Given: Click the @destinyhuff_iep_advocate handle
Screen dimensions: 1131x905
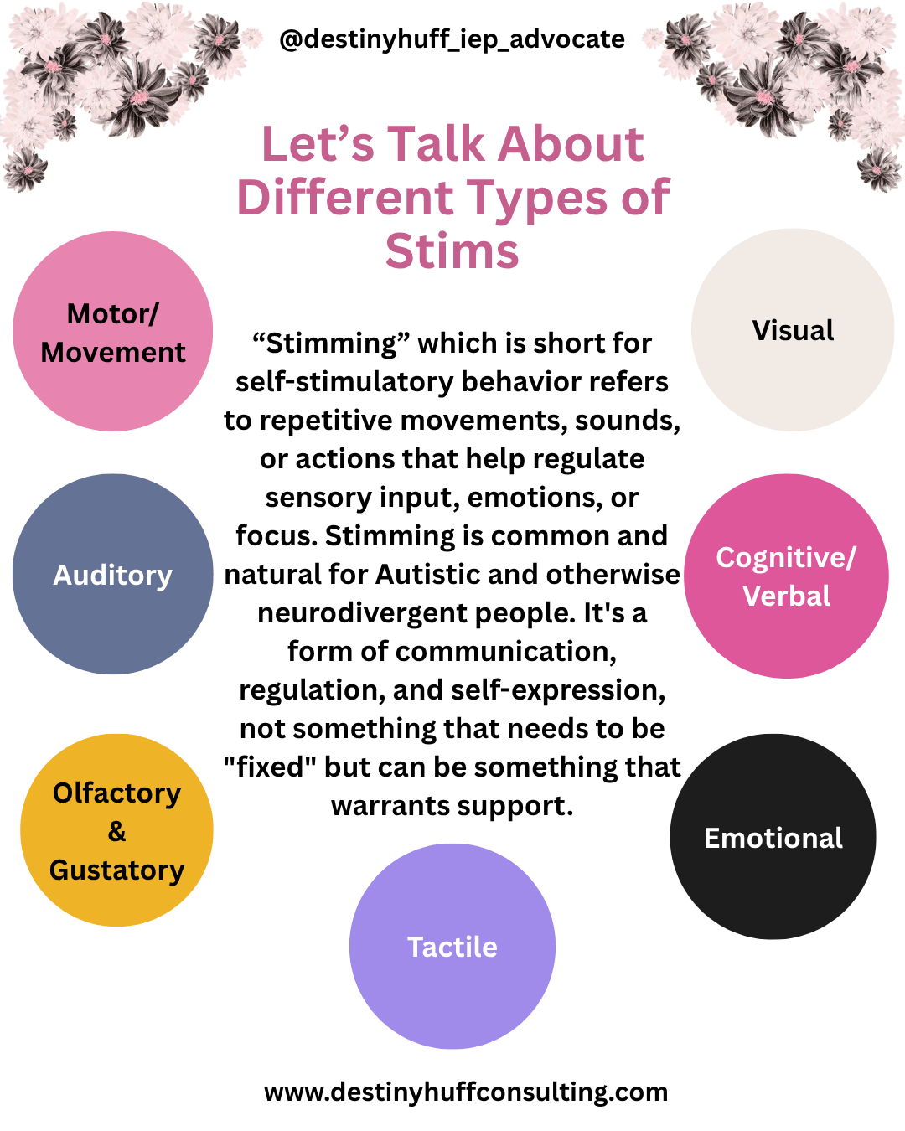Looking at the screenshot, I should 452,39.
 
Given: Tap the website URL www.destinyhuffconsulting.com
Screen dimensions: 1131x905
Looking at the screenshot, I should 466,1092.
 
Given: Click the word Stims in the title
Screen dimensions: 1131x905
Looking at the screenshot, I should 452,251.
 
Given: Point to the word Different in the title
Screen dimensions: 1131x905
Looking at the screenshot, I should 345,199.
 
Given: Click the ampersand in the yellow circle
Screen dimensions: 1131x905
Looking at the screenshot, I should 117,832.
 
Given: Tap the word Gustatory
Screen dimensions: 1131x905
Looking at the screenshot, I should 117,870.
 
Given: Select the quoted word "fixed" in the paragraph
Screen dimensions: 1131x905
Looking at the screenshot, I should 269,767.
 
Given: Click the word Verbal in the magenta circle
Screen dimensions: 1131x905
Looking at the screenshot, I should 786,596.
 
